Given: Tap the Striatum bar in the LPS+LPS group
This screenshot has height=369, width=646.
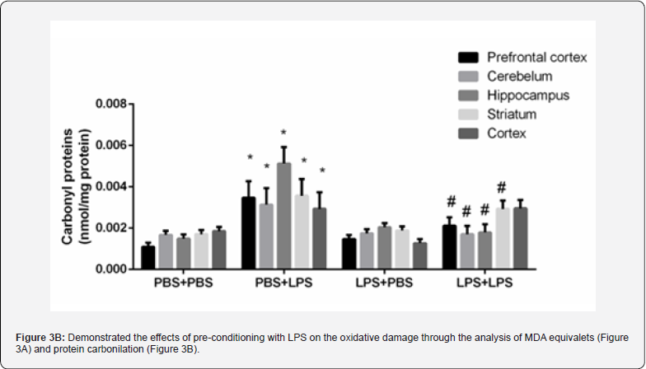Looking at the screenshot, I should pyautogui.click(x=502, y=239).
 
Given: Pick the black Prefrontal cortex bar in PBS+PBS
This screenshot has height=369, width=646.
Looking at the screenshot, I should pyautogui.click(x=147, y=257).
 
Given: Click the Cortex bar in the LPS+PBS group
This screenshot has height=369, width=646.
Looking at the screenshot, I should pyautogui.click(x=421, y=255).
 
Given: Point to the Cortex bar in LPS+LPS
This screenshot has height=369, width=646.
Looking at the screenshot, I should pyautogui.click(x=520, y=238).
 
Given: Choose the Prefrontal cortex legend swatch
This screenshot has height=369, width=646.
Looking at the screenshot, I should pyautogui.click(x=468, y=58).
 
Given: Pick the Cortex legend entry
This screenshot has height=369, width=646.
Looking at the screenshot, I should pyautogui.click(x=506, y=133).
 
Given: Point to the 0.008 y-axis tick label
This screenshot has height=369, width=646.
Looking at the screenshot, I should pyautogui.click(x=110, y=105).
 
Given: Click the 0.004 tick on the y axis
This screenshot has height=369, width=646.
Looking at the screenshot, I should pyautogui.click(x=110, y=187).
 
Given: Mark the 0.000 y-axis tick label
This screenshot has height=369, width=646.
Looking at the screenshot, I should pyautogui.click(x=110, y=269).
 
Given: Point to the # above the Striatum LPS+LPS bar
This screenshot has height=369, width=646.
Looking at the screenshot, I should pyautogui.click(x=501, y=188).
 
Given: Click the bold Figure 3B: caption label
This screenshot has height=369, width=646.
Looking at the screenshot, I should pyautogui.click(x=40, y=339).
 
